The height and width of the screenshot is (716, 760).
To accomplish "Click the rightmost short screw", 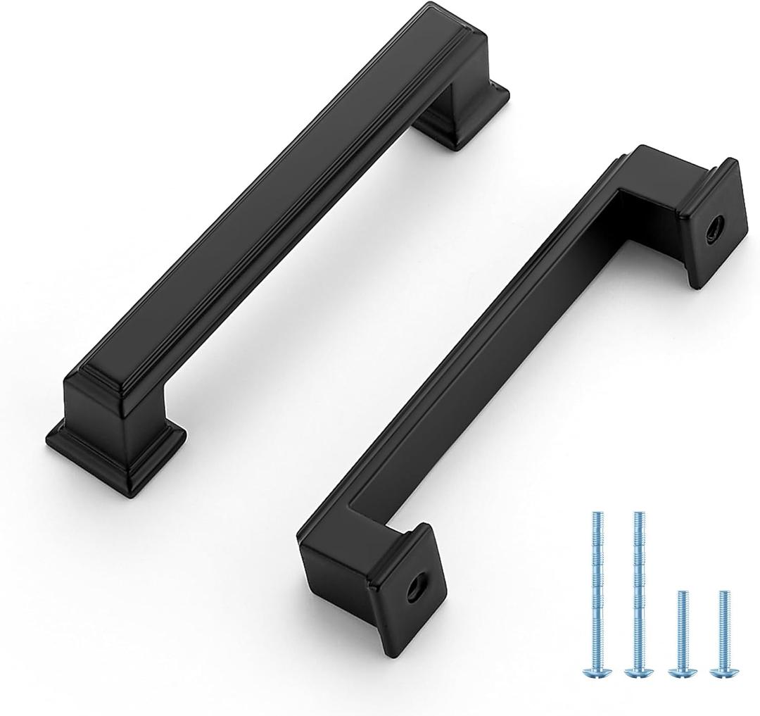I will [723, 634].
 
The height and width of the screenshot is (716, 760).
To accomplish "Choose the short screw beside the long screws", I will [681, 634].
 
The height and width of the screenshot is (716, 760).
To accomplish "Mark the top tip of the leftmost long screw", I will [593, 515].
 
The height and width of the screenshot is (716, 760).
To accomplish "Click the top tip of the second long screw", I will [638, 515].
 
